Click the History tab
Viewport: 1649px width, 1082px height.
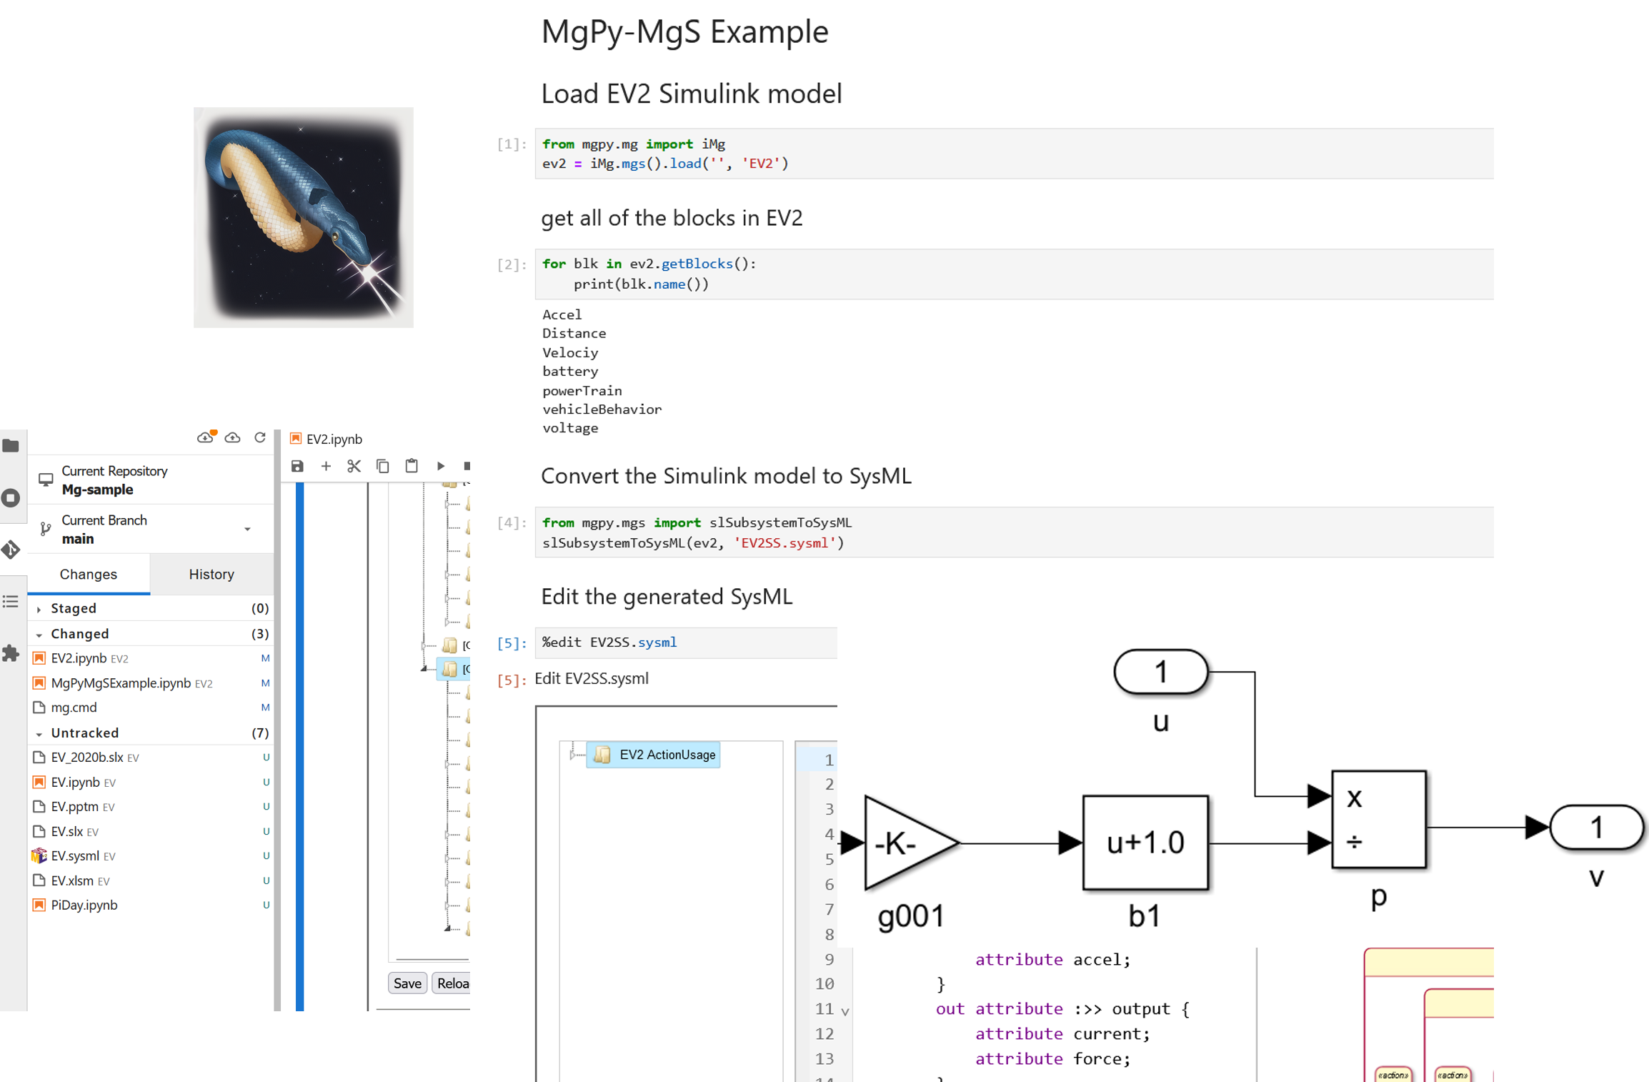[x=211, y=574]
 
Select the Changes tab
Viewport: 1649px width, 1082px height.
[x=89, y=574]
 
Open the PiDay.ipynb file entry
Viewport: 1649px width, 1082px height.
[x=84, y=905]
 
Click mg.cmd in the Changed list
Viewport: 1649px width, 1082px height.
[x=74, y=707]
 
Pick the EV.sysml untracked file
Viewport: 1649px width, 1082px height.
[x=75, y=855]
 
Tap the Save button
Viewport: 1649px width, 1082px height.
[x=407, y=983]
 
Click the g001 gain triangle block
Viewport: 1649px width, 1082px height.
[x=906, y=843]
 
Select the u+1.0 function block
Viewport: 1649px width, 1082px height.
[x=1145, y=843]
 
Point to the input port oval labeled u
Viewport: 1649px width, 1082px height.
[x=1161, y=672]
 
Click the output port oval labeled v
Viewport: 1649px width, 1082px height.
[x=1597, y=828]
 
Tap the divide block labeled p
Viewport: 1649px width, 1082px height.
[x=1379, y=819]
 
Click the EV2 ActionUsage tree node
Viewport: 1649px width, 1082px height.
[x=667, y=755]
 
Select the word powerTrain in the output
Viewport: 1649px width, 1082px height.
[x=582, y=390]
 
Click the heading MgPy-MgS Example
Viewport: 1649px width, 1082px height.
[x=684, y=32]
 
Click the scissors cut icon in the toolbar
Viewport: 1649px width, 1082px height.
[x=354, y=466]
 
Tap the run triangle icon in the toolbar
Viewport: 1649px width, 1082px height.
[x=441, y=466]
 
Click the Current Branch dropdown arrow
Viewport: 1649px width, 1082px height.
[x=247, y=529]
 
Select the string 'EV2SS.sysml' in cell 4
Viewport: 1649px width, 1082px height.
[x=785, y=543]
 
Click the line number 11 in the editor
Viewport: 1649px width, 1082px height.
[x=824, y=1008]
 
